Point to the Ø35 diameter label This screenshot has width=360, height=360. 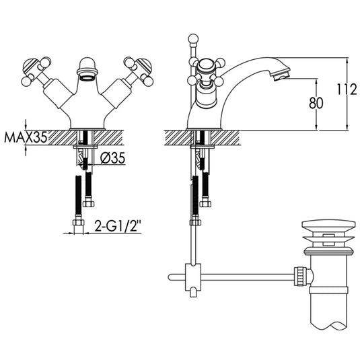(x=113, y=159)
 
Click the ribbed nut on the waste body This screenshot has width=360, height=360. (x=301, y=275)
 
